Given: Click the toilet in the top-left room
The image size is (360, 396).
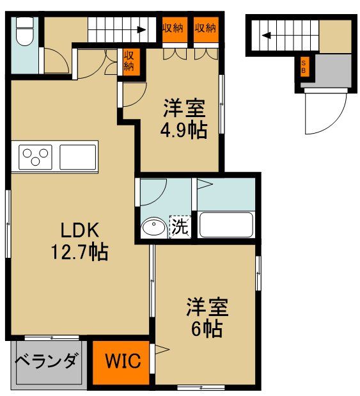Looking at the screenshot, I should coord(24,31).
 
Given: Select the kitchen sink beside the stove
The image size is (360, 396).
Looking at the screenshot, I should coord(77,155).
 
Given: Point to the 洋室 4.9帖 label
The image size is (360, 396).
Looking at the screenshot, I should coord(183,119).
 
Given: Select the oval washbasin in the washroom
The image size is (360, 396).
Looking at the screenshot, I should coord(153,227).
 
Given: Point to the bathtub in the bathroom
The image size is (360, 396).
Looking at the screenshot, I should coord(226,224).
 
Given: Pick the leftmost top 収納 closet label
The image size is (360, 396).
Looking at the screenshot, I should coord(173,28).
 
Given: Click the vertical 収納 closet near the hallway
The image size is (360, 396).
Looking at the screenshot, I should coord(129,61).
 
